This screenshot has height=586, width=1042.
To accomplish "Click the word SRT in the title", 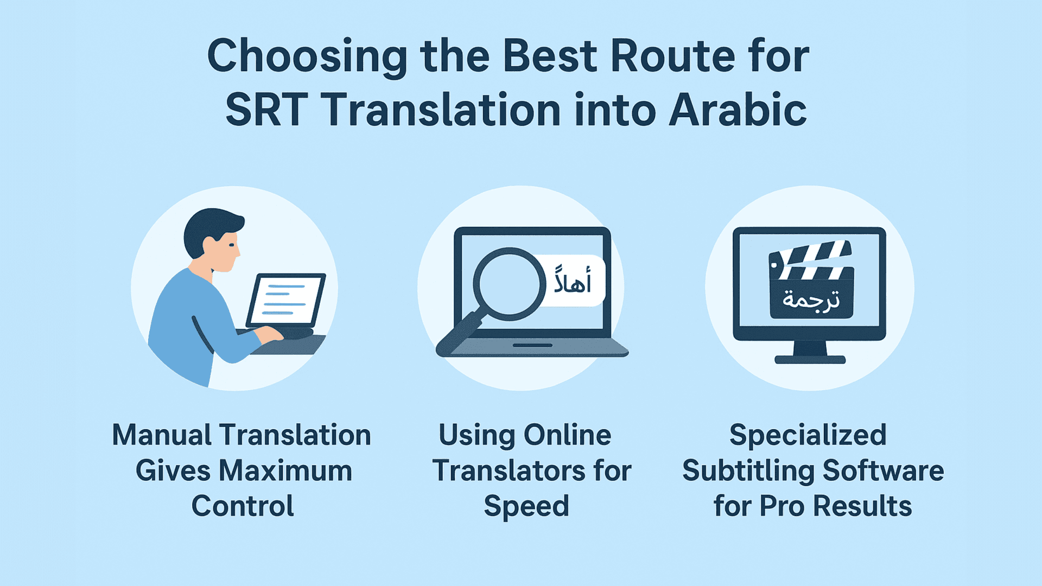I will (266, 110).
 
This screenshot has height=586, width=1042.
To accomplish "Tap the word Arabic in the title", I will (738, 110).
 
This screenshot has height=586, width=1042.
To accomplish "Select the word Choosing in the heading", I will (307, 57).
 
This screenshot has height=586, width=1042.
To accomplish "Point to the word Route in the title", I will (673, 56).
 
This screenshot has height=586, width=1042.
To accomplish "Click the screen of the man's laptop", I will (286, 300).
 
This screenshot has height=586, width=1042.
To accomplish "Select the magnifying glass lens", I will (509, 284).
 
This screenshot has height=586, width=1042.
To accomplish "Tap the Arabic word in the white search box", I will (572, 280).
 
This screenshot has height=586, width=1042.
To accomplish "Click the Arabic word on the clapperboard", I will (811, 300).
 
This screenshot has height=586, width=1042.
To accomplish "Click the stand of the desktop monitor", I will (810, 353).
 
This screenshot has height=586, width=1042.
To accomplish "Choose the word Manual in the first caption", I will (161, 435).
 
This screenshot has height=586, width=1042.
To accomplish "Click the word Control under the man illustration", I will (243, 506).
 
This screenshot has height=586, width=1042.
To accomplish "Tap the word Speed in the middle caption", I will (526, 506).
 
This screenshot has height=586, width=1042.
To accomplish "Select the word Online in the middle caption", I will (567, 435).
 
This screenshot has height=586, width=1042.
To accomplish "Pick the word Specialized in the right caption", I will (808, 435).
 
